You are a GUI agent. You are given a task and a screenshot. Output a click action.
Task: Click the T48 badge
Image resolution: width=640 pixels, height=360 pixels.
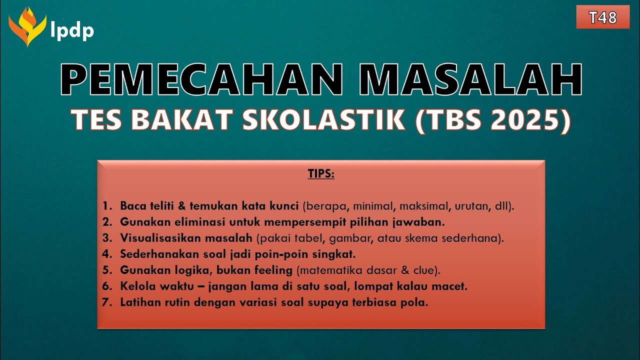[602, 17]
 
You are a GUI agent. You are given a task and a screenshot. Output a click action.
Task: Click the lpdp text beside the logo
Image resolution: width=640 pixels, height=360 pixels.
[72, 31]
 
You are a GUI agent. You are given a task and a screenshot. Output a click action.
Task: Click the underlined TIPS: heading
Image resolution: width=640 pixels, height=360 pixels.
[320, 174]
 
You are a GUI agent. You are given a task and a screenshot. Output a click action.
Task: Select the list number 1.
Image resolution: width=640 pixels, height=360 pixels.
[106, 205]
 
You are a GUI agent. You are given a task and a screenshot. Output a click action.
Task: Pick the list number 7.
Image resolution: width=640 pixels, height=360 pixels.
[106, 302]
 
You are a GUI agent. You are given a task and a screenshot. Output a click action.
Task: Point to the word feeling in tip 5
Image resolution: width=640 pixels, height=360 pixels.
[272, 270]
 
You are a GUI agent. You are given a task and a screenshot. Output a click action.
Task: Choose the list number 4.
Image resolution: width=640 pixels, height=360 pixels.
[106, 254]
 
